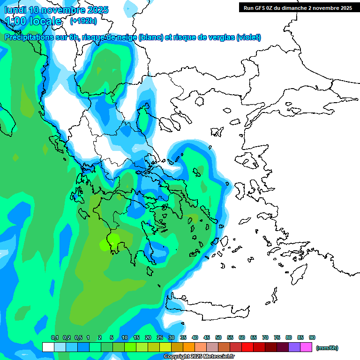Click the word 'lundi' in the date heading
click(x=15, y=9)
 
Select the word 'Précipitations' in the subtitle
click(x=28, y=37)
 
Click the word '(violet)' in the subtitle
click(x=248, y=37)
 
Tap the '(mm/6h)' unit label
click(x=327, y=348)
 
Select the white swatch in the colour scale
click(x=48, y=347)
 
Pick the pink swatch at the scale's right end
click(x=306, y=347)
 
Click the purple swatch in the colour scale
click(x=294, y=347)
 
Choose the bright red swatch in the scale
click(x=247, y=347)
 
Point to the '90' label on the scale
click(x=312, y=337)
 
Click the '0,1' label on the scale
click(x=54, y=337)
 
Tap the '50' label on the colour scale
click(x=218, y=337)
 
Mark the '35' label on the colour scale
click(x=183, y=337)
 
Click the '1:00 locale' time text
click(x=34, y=21)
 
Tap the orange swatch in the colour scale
click(x=189, y=347)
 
